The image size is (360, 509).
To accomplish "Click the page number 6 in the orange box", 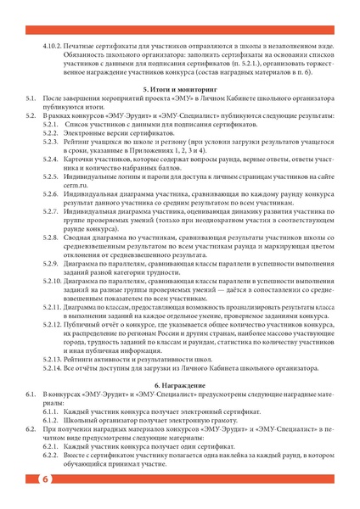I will tap(42, 480).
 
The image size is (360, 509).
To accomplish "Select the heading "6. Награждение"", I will tap(180, 385).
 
